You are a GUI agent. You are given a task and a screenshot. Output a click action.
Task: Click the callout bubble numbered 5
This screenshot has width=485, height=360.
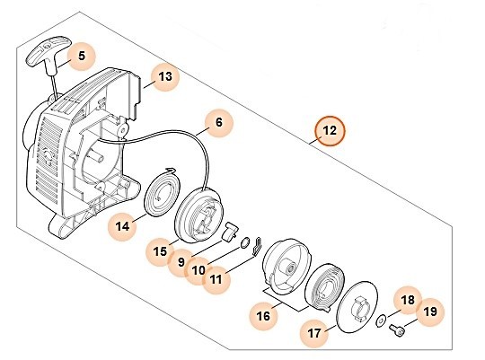click(80, 57)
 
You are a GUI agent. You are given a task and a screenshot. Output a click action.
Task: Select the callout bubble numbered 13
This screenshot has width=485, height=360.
click(163, 78)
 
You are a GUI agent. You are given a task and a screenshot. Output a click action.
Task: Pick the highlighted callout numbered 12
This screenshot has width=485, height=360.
click(330, 132)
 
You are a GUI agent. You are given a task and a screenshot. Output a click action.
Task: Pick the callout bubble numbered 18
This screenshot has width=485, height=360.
click(406, 301)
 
